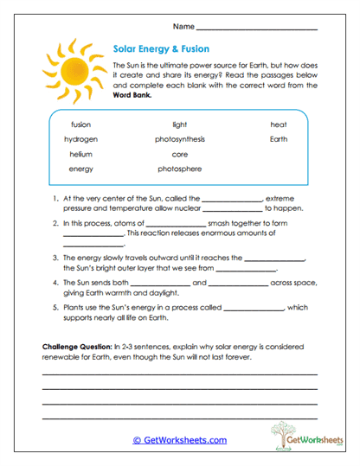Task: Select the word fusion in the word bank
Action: click(x=80, y=124)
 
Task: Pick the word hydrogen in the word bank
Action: click(x=80, y=139)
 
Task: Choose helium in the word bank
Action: click(x=80, y=154)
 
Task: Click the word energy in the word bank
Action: click(x=80, y=169)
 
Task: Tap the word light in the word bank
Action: click(x=180, y=124)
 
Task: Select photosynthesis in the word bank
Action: click(x=180, y=139)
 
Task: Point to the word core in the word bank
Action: click(x=180, y=154)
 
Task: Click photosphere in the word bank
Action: click(x=180, y=169)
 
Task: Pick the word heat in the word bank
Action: click(x=278, y=124)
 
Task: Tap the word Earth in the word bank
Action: click(x=278, y=139)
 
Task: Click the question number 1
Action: click(x=55, y=198)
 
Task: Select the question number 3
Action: click(x=55, y=258)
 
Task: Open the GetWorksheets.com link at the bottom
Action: click(x=179, y=441)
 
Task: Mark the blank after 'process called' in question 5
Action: click(x=254, y=309)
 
